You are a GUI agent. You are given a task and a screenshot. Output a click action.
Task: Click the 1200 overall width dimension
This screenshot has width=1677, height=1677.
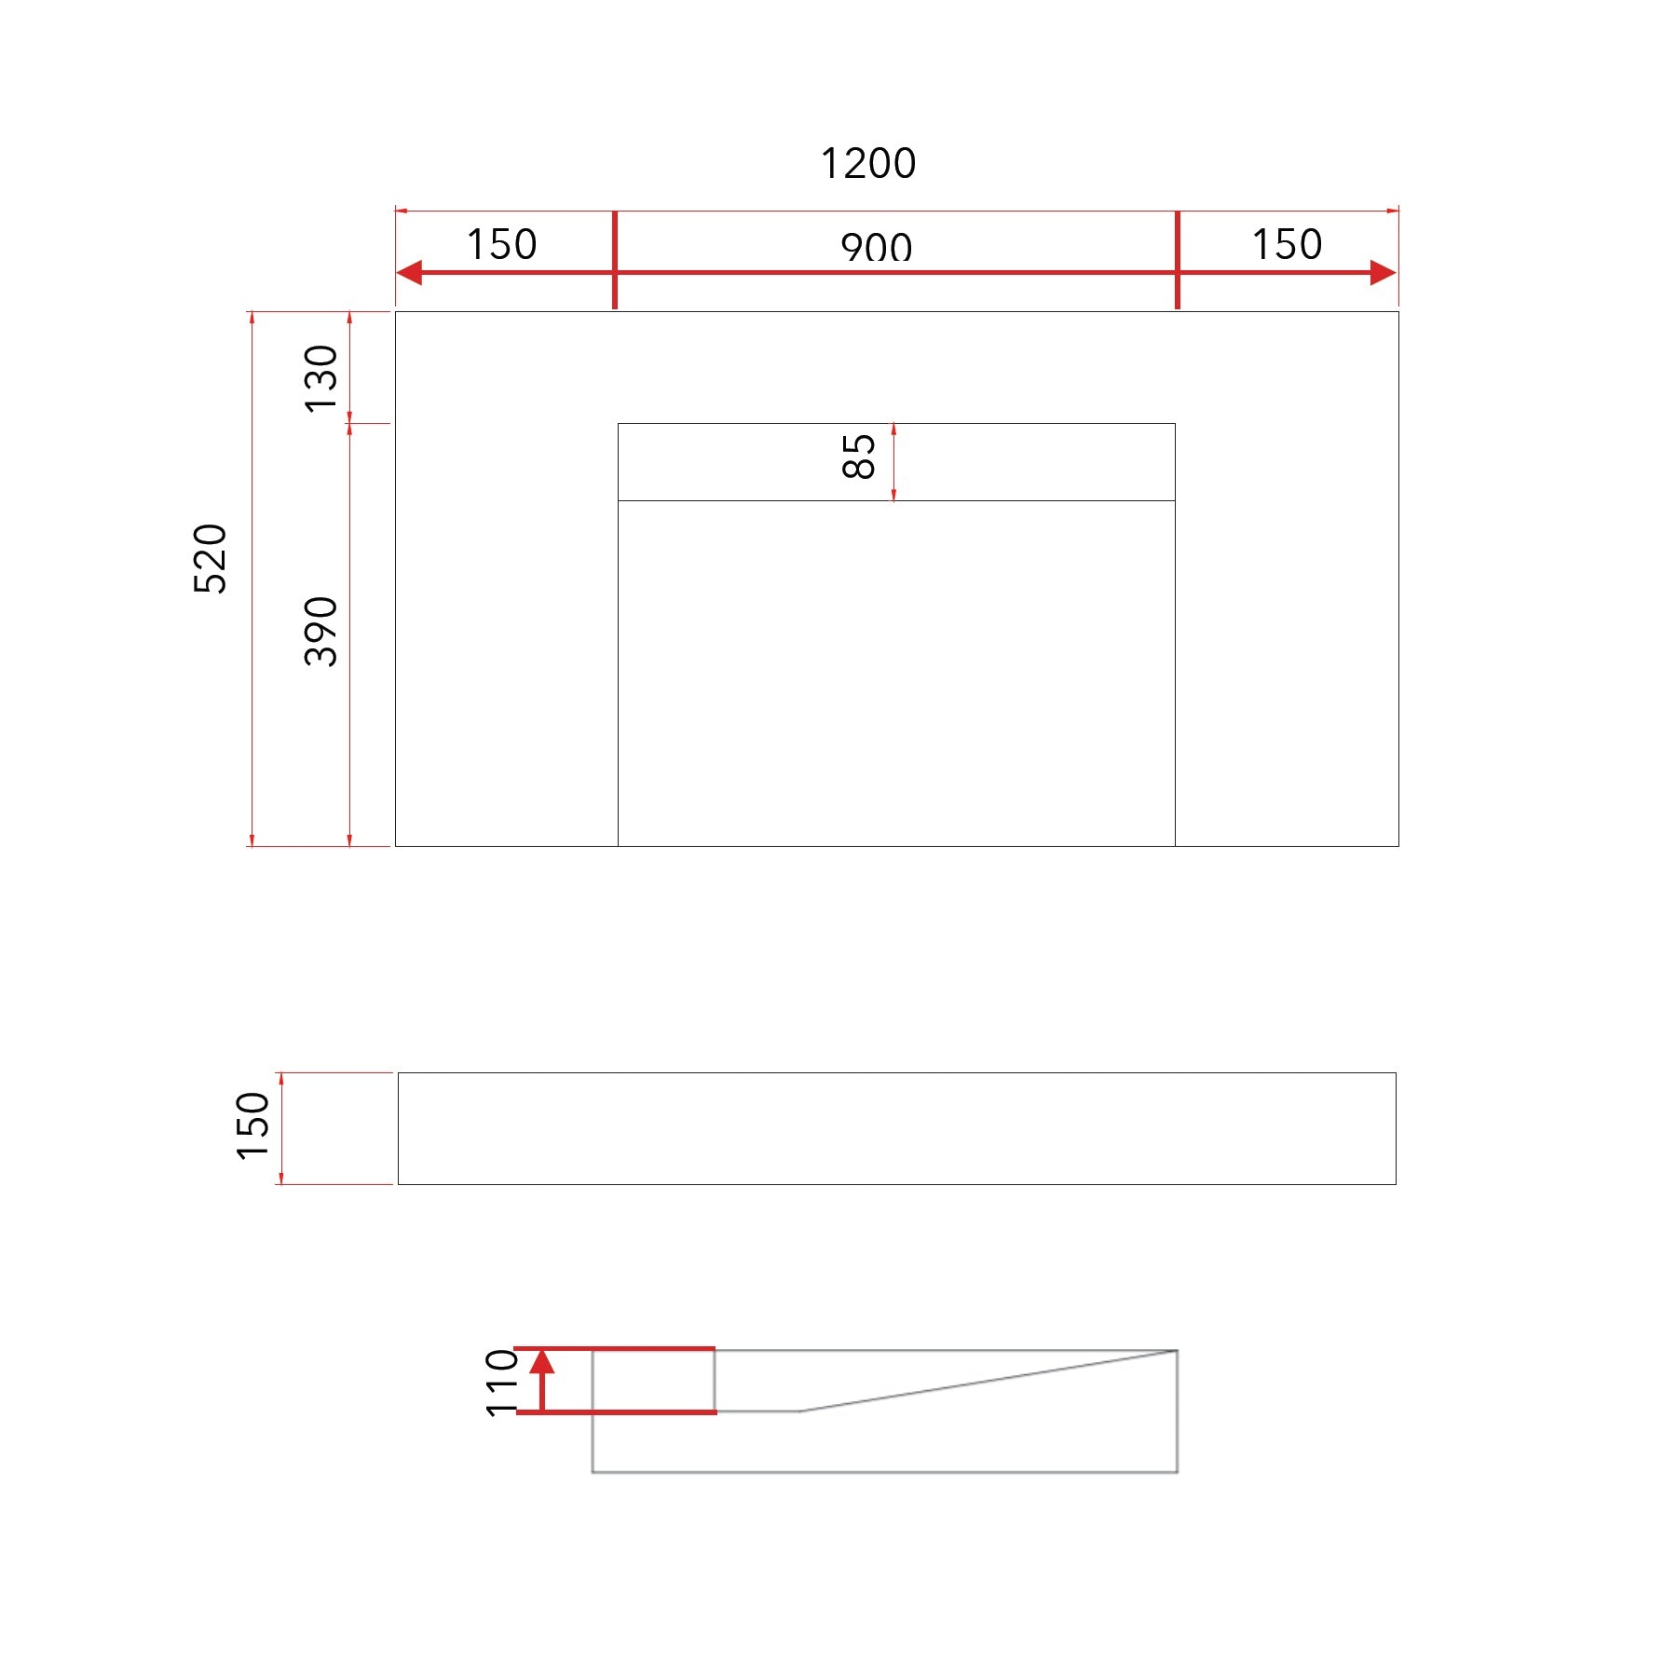pyautogui.click(x=867, y=164)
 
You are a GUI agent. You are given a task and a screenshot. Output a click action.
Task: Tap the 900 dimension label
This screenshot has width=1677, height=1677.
pyautogui.click(x=876, y=247)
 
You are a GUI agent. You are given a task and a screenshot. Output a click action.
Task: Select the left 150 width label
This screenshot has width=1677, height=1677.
pyautogui.click(x=501, y=245)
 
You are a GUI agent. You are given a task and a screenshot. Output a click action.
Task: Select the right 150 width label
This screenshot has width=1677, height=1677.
pyautogui.click(x=1287, y=245)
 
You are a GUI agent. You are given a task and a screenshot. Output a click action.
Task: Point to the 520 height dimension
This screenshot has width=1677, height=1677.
pyautogui.click(x=211, y=558)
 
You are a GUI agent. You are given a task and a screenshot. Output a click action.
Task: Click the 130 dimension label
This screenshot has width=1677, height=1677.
pyautogui.click(x=321, y=378)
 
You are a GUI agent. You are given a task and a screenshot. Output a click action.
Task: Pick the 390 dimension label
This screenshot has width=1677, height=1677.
pyautogui.click(x=321, y=631)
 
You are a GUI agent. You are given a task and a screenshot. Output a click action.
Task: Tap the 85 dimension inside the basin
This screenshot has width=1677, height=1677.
pyautogui.click(x=858, y=457)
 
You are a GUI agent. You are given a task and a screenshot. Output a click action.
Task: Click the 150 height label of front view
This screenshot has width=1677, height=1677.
pyautogui.click(x=252, y=1125)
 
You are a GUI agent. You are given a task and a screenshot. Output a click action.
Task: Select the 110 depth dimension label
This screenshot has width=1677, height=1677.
pyautogui.click(x=502, y=1383)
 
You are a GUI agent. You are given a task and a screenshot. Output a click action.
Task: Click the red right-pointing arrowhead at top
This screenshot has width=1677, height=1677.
pyautogui.click(x=1384, y=273)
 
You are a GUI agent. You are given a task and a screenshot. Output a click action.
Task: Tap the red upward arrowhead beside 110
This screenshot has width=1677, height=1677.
pyautogui.click(x=542, y=1363)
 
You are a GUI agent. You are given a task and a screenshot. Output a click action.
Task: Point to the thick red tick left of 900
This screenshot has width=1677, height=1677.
pyautogui.click(x=615, y=260)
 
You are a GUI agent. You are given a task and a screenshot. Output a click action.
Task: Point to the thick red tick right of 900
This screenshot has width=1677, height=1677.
pyautogui.click(x=1178, y=260)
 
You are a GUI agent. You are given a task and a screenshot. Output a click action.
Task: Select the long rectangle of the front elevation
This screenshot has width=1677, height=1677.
pyautogui.click(x=896, y=1128)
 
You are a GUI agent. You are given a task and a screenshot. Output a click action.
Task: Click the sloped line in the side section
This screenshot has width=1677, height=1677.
pyautogui.click(x=988, y=1381)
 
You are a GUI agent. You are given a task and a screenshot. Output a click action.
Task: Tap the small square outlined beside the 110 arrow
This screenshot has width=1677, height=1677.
pyautogui.click(x=654, y=1380)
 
